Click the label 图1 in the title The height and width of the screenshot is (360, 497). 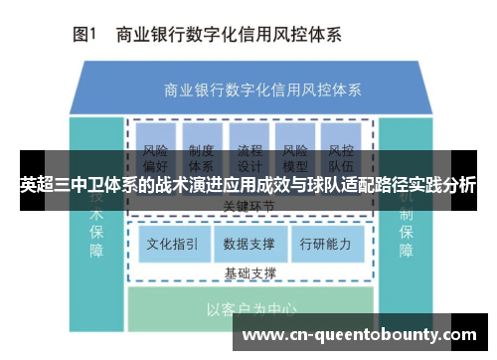click(x=83, y=35)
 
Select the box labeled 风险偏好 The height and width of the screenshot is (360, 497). click(x=155, y=151)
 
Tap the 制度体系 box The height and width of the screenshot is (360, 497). click(x=202, y=151)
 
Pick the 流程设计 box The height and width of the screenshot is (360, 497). click(x=249, y=151)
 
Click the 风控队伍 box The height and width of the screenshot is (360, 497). click(x=341, y=151)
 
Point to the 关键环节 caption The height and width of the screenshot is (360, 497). click(x=249, y=206)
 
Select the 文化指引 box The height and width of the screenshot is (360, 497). click(x=172, y=242)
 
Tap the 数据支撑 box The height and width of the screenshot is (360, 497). click(x=248, y=242)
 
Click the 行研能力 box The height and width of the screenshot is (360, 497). click(x=325, y=242)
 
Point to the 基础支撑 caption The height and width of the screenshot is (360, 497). click(x=249, y=271)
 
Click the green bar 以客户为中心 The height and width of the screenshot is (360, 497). click(x=248, y=308)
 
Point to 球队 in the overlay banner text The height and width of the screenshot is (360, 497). click(x=313, y=185)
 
